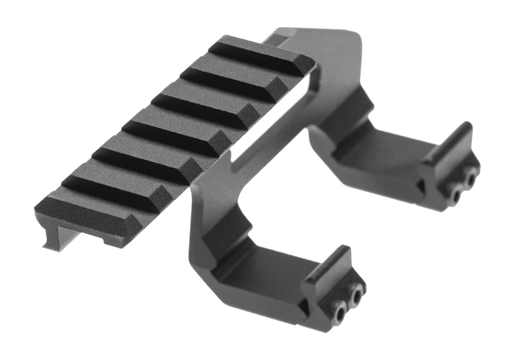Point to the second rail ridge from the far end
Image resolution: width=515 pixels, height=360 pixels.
[232, 83]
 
